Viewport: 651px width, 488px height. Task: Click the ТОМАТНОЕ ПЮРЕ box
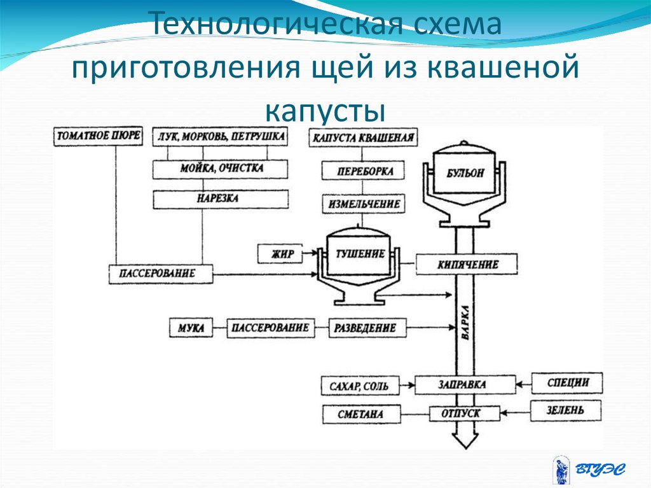[99, 136]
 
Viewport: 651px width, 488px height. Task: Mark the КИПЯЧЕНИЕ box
[468, 264]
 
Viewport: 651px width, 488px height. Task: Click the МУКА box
[191, 328]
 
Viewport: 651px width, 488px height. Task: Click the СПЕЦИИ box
[567, 383]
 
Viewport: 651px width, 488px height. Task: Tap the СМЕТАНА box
[360, 415]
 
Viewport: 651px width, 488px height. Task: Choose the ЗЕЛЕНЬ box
[567, 411]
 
